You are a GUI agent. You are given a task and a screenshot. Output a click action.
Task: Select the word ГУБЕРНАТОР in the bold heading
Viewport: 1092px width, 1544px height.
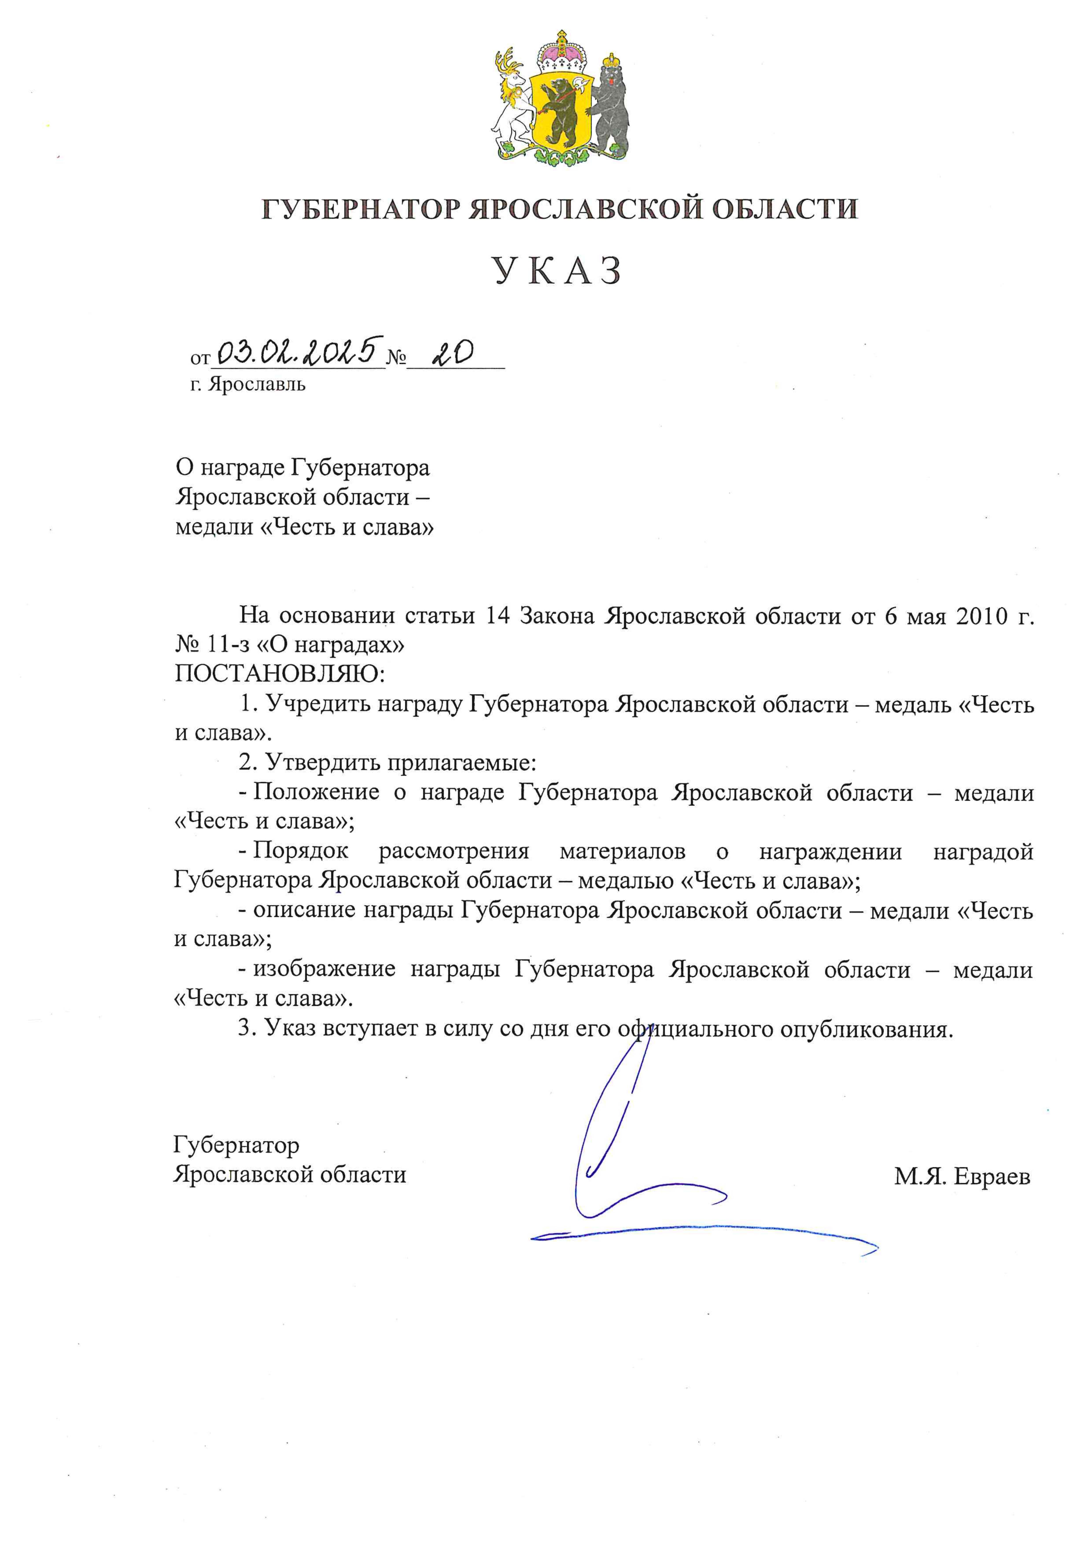tap(361, 209)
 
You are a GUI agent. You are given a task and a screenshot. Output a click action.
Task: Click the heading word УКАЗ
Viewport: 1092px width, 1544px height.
tap(558, 271)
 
